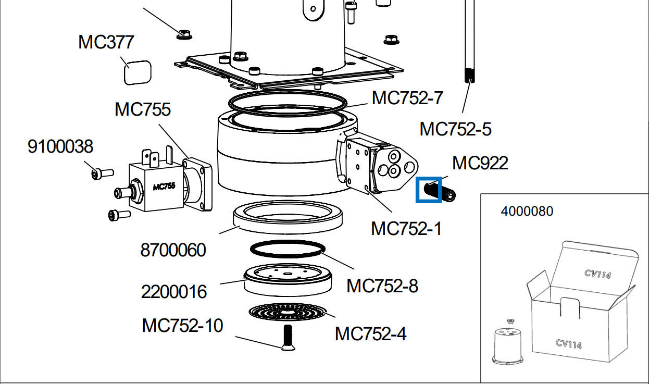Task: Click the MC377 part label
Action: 106,42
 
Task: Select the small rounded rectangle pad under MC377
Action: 138,72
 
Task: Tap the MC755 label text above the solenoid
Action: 143,109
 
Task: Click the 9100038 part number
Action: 60,146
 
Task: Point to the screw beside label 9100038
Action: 101,172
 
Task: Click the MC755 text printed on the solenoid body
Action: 164,186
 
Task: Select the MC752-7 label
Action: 407,97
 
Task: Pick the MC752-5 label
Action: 455,129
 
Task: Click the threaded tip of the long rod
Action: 469,76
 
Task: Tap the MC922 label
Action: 480,163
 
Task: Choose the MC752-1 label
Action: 406,228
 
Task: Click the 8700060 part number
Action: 173,250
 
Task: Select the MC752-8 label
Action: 382,286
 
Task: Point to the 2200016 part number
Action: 174,291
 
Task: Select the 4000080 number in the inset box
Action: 527,211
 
